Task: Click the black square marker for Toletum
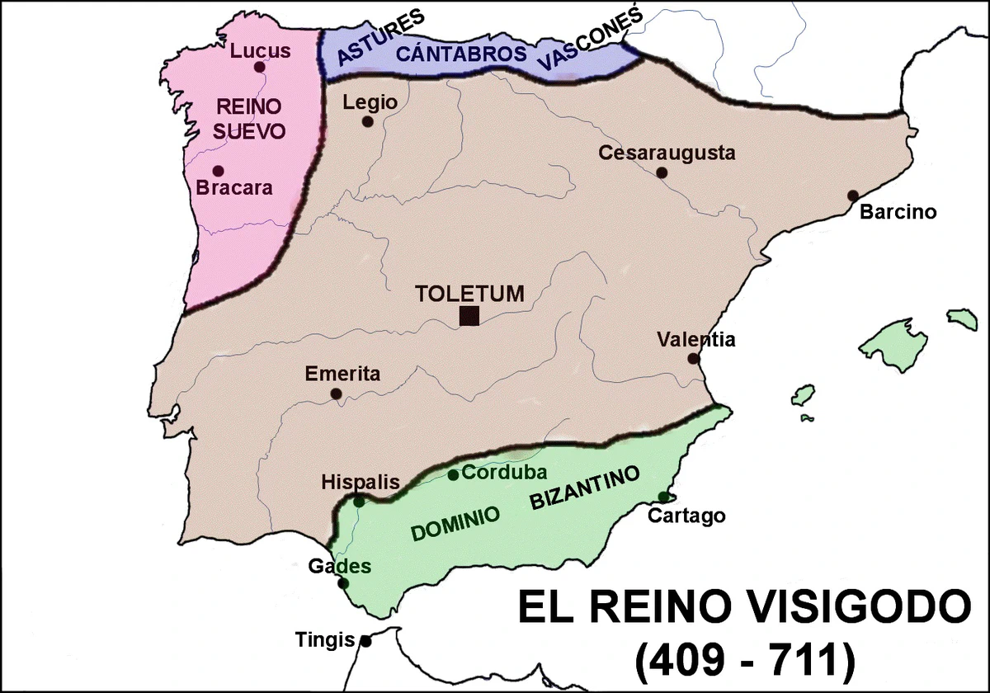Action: pos(469,316)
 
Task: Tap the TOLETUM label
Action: pos(470,294)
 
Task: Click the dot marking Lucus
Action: pos(260,68)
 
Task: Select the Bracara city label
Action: pos(234,188)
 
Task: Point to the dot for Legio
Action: pos(368,122)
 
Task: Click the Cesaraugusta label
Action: pos(667,153)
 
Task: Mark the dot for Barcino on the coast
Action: pos(853,196)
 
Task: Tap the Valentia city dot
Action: pos(694,359)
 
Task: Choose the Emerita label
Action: pos(342,374)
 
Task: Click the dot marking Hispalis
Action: pos(360,501)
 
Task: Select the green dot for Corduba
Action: pos(453,474)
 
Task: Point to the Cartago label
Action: pos(686,516)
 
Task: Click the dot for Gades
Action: pos(344,583)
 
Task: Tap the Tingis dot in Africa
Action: pos(365,641)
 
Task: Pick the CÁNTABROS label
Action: pos(461,54)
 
